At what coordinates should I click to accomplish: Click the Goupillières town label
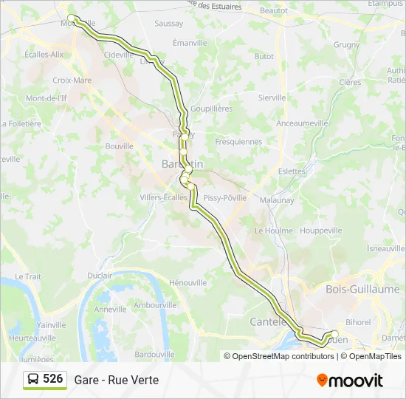[211, 109]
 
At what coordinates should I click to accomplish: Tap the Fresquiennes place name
[238, 141]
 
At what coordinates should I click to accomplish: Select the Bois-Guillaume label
[362, 290]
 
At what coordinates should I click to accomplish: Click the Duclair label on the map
[100, 276]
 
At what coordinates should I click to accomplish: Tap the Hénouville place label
[187, 283]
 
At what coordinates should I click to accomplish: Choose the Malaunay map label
[277, 199]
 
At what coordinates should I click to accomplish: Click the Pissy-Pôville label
[225, 197]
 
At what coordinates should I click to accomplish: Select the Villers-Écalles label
[164, 197]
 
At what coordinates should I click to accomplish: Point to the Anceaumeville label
[302, 123]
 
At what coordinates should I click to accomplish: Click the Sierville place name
[272, 98]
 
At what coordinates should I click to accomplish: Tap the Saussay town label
[168, 24]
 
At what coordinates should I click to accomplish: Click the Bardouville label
[155, 354]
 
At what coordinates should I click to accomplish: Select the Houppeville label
[321, 231]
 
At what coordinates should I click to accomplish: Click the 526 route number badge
[52, 379]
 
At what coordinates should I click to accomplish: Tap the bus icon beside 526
[33, 380]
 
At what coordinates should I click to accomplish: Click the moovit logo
[350, 380]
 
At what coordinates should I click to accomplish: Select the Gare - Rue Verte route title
[116, 380]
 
